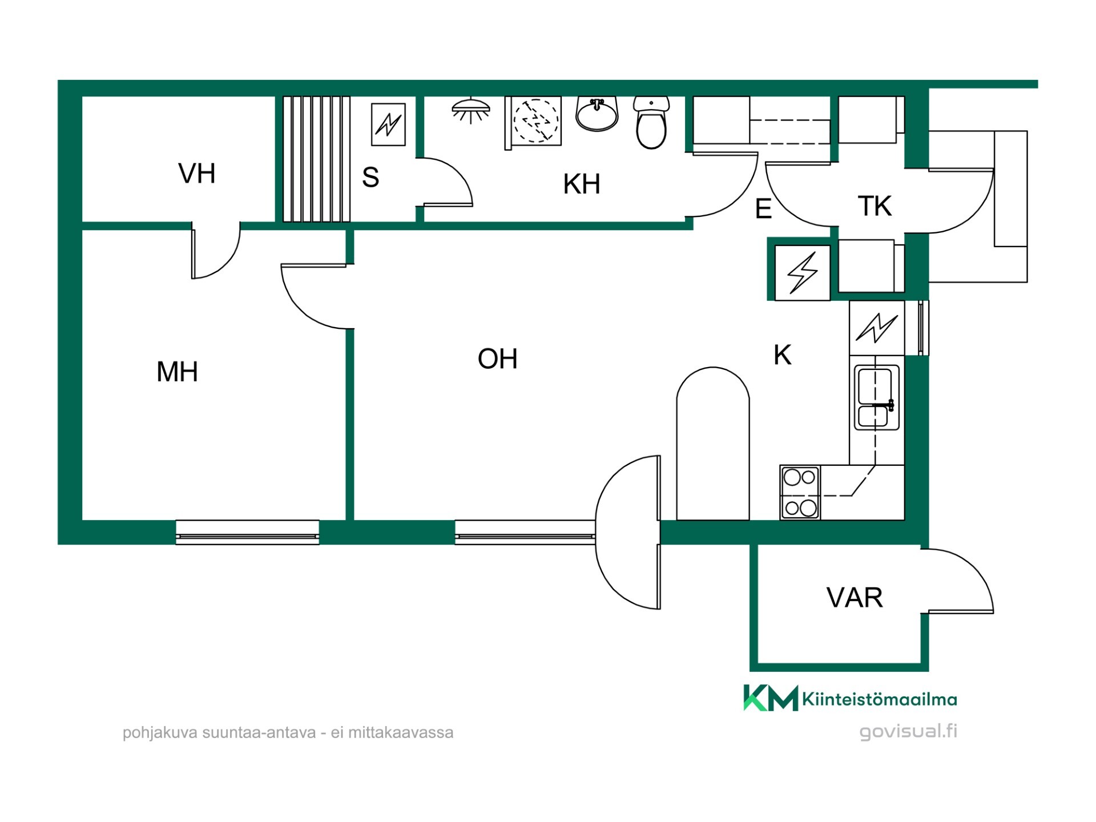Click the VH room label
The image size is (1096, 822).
[x=197, y=174]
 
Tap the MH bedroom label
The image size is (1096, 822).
[x=177, y=372]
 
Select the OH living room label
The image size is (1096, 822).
[x=497, y=358]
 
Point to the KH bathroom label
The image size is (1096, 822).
[x=581, y=184]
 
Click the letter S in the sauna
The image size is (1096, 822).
[x=370, y=178]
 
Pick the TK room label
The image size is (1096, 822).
[x=875, y=206]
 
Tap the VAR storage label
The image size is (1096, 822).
[x=855, y=598]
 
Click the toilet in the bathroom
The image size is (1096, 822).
[x=651, y=123]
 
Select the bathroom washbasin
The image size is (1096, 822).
[x=597, y=114]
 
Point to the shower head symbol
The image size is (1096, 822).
[x=471, y=111]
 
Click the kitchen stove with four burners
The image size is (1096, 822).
[x=800, y=493]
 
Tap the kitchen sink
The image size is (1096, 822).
[x=877, y=397]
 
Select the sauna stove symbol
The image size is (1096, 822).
[x=388, y=124]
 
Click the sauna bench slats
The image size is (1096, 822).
[x=316, y=159]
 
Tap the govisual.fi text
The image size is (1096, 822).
[x=908, y=732]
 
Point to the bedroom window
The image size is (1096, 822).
[x=247, y=533]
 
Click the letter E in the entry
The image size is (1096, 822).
[x=763, y=209]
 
